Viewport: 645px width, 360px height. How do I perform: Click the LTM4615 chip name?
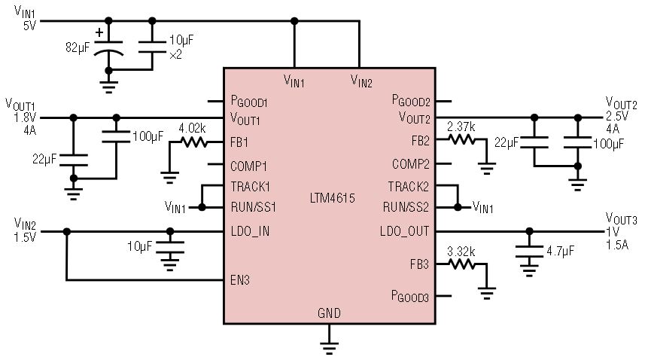tap(332, 198)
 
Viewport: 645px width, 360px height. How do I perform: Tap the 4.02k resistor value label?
tap(192, 128)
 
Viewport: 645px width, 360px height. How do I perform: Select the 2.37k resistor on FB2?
tap(462, 140)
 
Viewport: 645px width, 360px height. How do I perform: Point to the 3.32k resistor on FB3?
tap(462, 264)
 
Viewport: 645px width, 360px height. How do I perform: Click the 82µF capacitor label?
tap(78, 47)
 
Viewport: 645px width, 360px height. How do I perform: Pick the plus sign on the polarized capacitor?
tap(99, 32)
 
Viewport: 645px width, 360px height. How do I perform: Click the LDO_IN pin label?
tap(250, 232)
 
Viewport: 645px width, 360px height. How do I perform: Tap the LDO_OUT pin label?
tap(405, 232)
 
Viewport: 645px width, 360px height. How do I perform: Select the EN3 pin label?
tap(240, 280)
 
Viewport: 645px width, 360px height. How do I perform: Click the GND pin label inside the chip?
tap(329, 313)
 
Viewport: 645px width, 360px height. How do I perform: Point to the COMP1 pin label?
tap(248, 166)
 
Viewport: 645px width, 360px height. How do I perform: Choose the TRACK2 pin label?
tap(409, 187)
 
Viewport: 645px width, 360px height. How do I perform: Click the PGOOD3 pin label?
tap(410, 296)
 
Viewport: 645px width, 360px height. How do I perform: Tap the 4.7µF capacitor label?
tap(560, 251)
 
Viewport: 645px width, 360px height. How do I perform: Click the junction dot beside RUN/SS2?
tap(458, 207)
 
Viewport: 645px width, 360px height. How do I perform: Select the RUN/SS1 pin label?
tap(254, 207)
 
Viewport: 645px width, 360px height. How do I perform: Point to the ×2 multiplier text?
tap(175, 55)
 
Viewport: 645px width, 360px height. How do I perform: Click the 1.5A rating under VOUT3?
tap(617, 245)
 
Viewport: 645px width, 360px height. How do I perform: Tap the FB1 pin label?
tap(239, 143)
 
